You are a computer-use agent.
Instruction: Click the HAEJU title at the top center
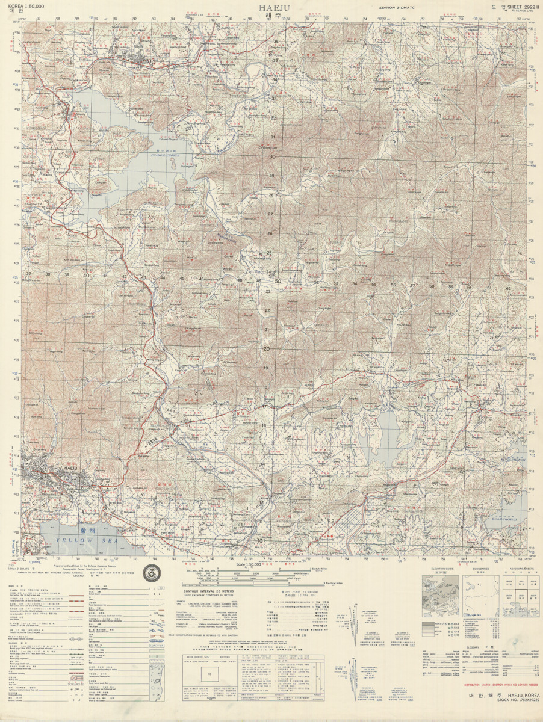[271, 8]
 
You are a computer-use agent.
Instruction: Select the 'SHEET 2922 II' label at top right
[520, 5]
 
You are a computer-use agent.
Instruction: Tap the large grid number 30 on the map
[272, 156]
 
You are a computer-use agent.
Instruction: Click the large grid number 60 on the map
[470, 288]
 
